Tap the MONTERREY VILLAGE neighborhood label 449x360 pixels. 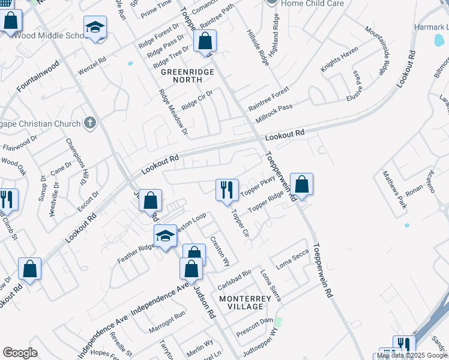click(x=241, y=302)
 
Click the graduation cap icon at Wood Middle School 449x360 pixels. click(x=94, y=28)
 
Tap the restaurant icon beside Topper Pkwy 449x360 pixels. click(x=227, y=190)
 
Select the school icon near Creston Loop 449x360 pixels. click(x=165, y=236)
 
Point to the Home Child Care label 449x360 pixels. click(x=308, y=3)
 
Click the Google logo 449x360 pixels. click(x=20, y=353)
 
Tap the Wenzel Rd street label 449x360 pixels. click(x=92, y=64)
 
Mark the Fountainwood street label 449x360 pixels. click(x=38, y=76)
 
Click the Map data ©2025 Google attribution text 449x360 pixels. click(x=412, y=355)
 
